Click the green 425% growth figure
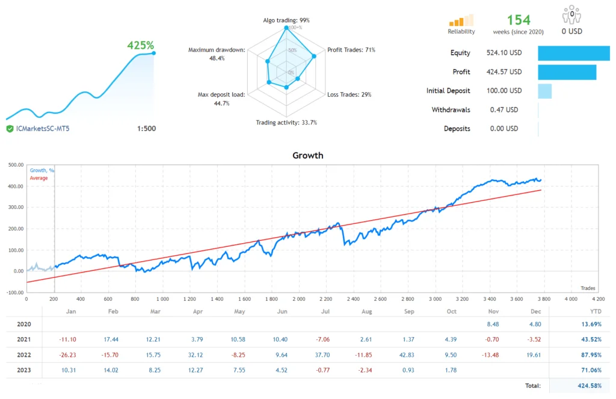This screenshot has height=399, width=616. [x=140, y=45]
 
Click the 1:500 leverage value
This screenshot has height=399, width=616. [x=146, y=128]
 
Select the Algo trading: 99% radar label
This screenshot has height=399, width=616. [x=286, y=20]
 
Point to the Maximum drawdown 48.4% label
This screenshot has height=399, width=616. [x=217, y=54]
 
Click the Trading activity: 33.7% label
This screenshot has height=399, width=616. [x=286, y=123]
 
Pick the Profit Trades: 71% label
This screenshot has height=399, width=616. [x=351, y=50]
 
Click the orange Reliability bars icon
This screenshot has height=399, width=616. [x=461, y=20]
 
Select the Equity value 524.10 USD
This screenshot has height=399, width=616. [x=504, y=53]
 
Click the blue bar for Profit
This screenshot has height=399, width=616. [x=567, y=72]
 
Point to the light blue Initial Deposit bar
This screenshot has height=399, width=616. [x=544, y=91]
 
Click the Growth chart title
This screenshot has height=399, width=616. [x=307, y=155]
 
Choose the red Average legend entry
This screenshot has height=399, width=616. [x=39, y=178]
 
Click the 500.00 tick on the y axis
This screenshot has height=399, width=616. [x=14, y=165]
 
